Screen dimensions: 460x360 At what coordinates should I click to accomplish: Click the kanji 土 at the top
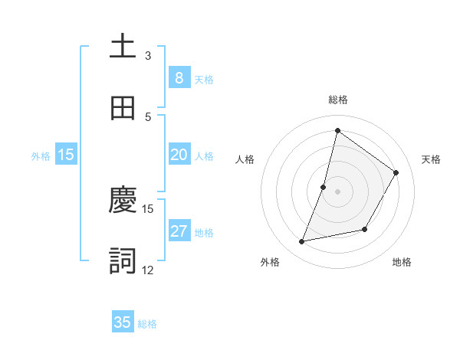point(123,46)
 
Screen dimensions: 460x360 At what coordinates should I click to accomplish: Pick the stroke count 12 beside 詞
point(147,270)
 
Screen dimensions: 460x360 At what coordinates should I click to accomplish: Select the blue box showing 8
point(179,77)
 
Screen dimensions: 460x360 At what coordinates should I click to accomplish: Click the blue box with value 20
point(179,155)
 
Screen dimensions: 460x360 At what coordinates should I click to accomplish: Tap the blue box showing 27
point(179,231)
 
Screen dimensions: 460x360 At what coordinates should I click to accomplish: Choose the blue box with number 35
point(123,322)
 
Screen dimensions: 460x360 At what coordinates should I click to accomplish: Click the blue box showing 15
point(66,155)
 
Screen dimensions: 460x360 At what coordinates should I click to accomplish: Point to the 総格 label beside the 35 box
point(147,324)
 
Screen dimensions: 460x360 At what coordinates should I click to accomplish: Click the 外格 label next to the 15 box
point(41,156)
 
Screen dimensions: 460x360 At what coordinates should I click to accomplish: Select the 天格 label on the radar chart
point(431,159)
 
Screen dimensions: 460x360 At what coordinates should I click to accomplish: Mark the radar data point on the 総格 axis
point(337,130)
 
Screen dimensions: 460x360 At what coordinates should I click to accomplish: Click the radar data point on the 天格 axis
point(396,172)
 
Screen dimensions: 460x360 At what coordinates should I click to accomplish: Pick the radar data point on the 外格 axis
point(302,242)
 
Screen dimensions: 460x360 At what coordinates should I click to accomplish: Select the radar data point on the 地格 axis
point(366,229)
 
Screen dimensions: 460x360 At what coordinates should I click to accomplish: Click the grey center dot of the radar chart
point(337,191)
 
